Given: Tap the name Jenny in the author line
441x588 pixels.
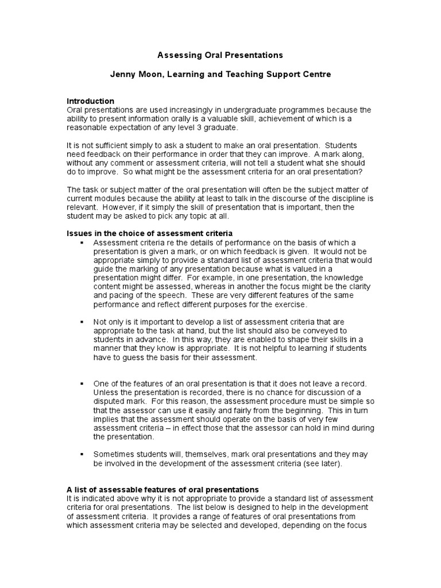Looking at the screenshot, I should tap(123, 75).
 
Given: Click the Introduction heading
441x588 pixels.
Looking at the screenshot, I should tap(91, 101).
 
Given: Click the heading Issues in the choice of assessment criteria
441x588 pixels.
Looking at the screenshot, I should tap(150, 233).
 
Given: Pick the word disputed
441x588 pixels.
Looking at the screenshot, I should tap(111, 401).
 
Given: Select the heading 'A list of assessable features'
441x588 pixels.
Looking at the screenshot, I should tap(163, 489).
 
